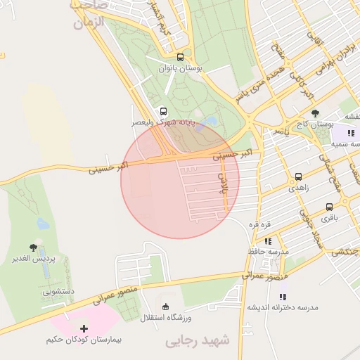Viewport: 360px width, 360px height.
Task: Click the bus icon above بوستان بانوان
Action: (181, 58)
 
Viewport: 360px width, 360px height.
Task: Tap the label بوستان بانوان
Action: (181, 69)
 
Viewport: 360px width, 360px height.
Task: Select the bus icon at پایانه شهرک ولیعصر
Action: (164, 111)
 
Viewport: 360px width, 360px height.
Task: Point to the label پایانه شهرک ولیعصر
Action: (163, 122)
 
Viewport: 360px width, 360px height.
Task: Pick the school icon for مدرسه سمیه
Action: (351, 133)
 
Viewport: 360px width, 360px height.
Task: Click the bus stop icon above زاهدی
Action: (299, 177)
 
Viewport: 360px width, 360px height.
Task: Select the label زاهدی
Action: (299, 188)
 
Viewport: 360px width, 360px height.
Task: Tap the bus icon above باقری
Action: (330, 207)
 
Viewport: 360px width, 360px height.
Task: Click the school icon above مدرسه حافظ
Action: (268, 240)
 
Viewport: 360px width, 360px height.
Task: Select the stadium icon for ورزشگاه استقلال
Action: (165, 307)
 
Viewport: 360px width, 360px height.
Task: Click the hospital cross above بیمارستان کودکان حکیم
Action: (84, 328)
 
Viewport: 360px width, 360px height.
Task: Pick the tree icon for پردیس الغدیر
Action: (33, 247)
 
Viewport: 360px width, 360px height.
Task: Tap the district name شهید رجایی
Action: (198, 341)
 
